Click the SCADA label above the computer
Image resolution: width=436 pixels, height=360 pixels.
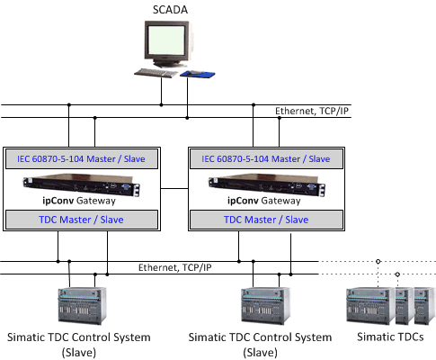pyautogui.click(x=170, y=10)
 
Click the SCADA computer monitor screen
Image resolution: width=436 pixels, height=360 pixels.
pyautogui.click(x=166, y=40)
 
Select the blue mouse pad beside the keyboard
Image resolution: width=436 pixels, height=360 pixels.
pyautogui.click(x=198, y=74)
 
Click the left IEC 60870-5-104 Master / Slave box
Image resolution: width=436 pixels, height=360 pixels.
pyautogui.click(x=82, y=158)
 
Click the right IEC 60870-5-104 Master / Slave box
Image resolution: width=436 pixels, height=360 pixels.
pyautogui.click(x=266, y=158)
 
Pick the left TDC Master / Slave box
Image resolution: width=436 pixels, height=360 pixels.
pyautogui.click(x=82, y=220)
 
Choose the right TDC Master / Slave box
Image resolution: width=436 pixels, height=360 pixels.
pyautogui.click(x=266, y=220)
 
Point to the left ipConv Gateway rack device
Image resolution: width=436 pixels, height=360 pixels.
pyautogui.click(x=82, y=184)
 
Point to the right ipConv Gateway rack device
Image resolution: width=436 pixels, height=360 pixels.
pyautogui.click(x=267, y=185)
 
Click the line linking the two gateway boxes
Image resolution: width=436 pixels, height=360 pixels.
pyautogui.click(x=174, y=188)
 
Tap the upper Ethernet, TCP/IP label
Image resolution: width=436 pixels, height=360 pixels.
pyautogui.click(x=312, y=111)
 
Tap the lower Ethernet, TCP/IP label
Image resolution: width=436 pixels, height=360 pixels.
pyautogui.click(x=174, y=267)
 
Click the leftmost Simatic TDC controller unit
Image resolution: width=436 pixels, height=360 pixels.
pyautogui.click(x=82, y=305)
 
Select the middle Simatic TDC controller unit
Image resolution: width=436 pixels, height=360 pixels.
pyautogui.click(x=266, y=305)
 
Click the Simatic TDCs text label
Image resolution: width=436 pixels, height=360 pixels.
pyautogui.click(x=390, y=337)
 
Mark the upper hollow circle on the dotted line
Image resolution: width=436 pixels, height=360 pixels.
pyautogui.click(x=378, y=262)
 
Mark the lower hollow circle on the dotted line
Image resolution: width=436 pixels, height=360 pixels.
pyautogui.click(x=397, y=274)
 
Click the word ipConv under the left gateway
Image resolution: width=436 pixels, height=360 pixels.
pyautogui.click(x=58, y=201)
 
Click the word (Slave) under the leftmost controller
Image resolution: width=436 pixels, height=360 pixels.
pyautogui.click(x=79, y=352)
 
